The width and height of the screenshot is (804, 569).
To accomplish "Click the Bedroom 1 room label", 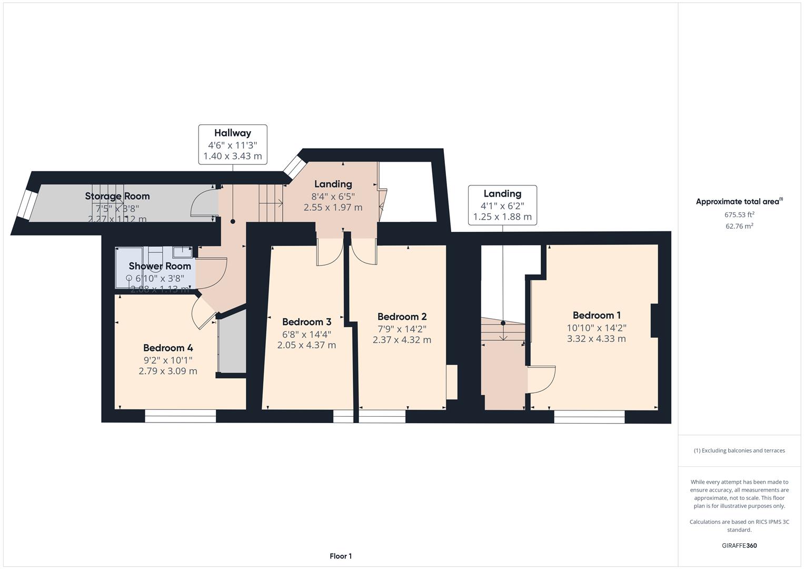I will click(x=597, y=315).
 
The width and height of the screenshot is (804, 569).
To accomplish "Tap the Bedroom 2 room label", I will click(x=402, y=317).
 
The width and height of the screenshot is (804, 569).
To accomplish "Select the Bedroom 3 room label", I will click(x=306, y=322).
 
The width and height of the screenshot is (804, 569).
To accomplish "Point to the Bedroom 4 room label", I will click(x=168, y=348).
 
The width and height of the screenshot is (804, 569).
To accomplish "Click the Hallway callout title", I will click(x=232, y=133).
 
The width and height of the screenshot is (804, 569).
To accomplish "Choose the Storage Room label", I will click(x=117, y=196).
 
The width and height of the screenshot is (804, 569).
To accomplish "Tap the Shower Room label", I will click(x=160, y=266).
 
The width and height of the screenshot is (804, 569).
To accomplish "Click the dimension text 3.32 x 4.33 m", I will click(x=596, y=339).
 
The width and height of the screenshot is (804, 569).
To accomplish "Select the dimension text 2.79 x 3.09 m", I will click(x=168, y=371).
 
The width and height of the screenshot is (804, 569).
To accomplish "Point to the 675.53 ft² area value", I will click(x=739, y=214).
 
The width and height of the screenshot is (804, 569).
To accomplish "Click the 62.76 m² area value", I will click(x=739, y=226).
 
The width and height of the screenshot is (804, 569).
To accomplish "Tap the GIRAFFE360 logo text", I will click(x=739, y=545).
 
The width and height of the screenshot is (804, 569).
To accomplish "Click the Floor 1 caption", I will click(x=341, y=556).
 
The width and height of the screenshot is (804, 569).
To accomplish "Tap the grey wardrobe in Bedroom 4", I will click(x=232, y=342).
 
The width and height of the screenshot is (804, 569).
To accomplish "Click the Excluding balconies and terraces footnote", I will click(x=739, y=450).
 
